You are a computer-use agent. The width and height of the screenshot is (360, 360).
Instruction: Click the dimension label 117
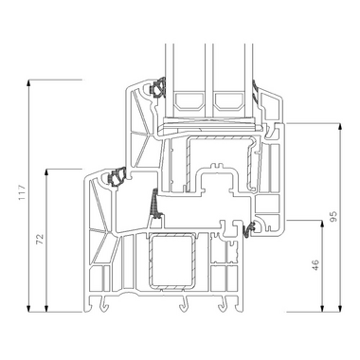point(22,192)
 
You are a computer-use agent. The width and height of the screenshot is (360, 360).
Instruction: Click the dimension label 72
point(40,240)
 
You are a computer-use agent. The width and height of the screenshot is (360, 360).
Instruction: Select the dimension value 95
point(333,216)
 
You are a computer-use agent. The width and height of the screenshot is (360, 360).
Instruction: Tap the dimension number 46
point(315,265)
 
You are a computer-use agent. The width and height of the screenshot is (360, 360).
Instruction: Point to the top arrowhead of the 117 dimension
point(28,83)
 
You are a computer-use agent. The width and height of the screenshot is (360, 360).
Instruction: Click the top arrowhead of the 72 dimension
point(46,172)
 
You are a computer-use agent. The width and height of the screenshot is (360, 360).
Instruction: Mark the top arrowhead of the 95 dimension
point(340,127)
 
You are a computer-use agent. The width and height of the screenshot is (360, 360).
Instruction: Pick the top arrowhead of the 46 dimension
point(322,225)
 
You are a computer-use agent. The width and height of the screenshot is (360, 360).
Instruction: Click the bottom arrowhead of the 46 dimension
point(322,308)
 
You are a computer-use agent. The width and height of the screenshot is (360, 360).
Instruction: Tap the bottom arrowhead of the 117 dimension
point(28,308)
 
